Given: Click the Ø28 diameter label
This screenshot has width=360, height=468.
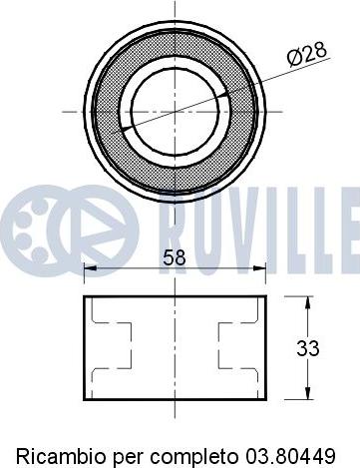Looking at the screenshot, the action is click(307, 54).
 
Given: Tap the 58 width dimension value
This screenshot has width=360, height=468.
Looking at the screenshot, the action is click(174, 257).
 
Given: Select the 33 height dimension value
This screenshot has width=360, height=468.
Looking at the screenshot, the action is click(308, 348).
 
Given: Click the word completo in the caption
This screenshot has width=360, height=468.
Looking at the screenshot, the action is click(194, 457).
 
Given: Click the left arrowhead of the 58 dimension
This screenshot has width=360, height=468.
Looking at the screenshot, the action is click(90, 267).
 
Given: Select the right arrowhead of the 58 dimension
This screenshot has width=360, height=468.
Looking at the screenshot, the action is click(259, 267).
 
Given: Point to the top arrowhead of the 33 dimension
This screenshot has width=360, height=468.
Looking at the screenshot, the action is click(308, 302).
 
